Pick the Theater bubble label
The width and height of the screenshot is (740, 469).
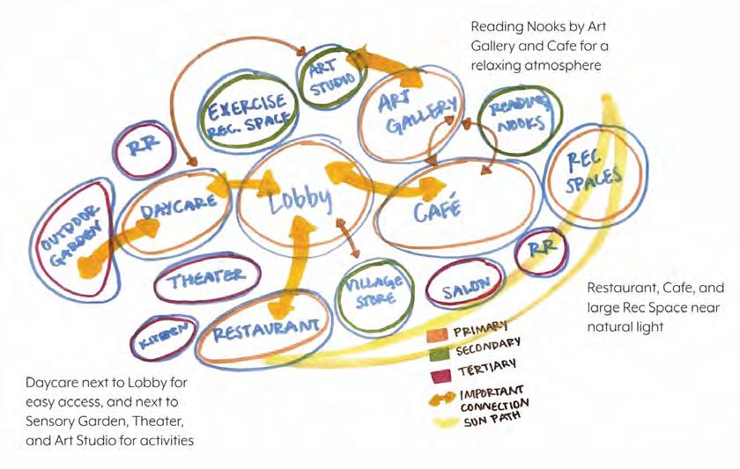pyautogui.click(x=208, y=279)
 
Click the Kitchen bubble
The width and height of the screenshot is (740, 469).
pyautogui.click(x=161, y=334)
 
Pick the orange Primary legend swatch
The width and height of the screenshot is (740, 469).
pyautogui.click(x=438, y=335)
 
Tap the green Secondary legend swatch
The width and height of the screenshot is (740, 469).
pyautogui.click(x=438, y=353)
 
